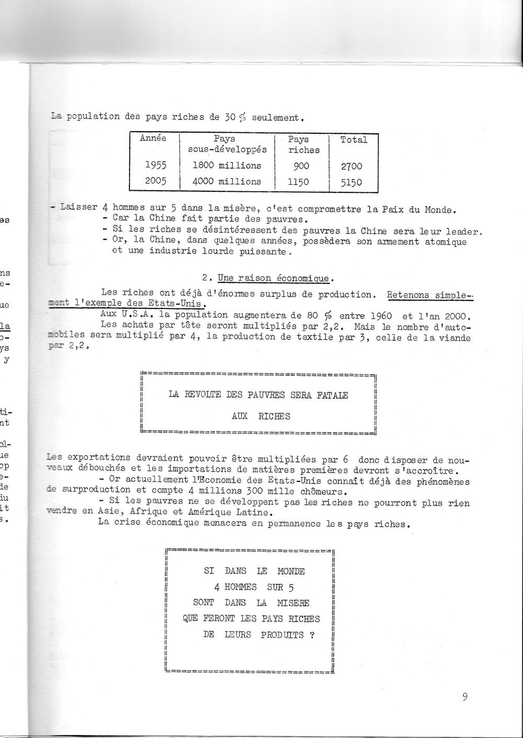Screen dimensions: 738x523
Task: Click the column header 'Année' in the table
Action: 153,139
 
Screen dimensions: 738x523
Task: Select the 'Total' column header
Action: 354,140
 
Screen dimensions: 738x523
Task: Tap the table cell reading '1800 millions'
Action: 227,166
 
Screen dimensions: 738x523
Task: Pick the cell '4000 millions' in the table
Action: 227,181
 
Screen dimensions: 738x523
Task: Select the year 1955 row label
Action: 155,166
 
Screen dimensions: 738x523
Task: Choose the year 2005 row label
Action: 155,181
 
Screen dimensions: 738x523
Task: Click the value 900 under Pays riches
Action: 301,166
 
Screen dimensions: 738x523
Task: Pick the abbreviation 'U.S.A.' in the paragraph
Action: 128,315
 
